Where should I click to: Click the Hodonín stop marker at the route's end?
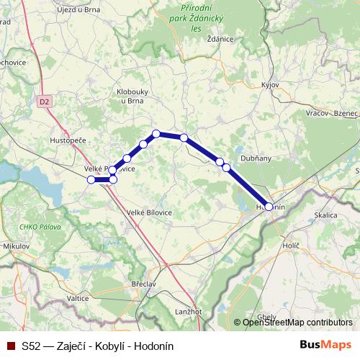(x=269, y=207)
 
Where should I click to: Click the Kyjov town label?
(x=271, y=84)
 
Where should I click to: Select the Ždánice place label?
(x=220, y=39)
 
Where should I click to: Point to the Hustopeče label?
(x=68, y=140)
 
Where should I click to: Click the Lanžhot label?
(x=189, y=310)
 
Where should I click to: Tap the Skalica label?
(x=326, y=215)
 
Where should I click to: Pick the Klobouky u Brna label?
(x=132, y=96)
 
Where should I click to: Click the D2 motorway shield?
(x=45, y=102)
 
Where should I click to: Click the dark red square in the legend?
(x=11, y=346)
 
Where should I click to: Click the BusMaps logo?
(x=326, y=346)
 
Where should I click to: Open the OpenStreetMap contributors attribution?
(x=297, y=323)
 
